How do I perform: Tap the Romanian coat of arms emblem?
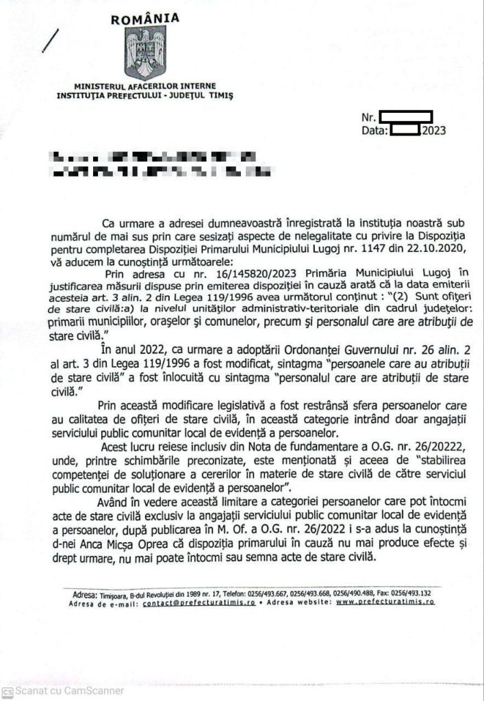point(146,52)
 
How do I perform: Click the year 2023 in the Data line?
point(434,129)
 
